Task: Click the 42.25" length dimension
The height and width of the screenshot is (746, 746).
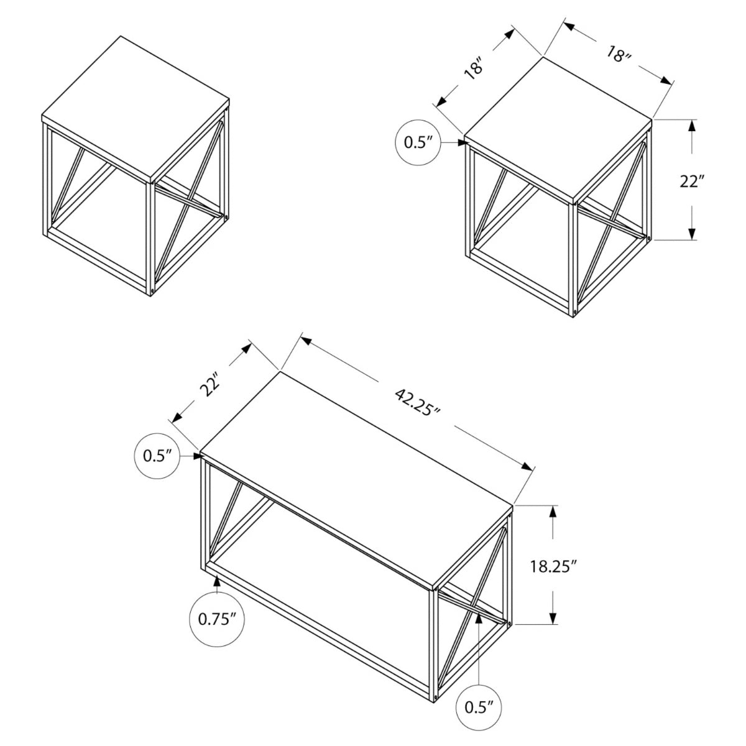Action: pyautogui.click(x=418, y=403)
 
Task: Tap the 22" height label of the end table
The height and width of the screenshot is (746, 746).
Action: pyautogui.click(x=691, y=182)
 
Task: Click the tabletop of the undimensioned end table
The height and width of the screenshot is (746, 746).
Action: pyautogui.click(x=136, y=109)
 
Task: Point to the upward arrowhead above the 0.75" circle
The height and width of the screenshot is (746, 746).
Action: pyautogui.click(x=217, y=581)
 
